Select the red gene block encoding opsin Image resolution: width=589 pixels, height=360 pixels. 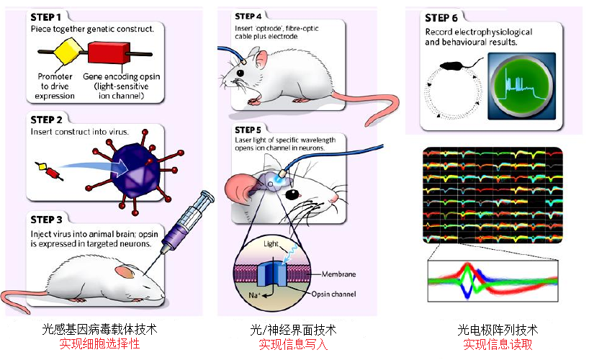pos(109,53)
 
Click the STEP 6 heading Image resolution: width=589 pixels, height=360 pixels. pos(446,18)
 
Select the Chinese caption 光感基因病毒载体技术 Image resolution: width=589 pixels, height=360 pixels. pos(99,330)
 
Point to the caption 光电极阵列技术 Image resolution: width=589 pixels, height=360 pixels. pos(498,330)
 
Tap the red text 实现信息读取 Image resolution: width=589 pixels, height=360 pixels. pos(498,344)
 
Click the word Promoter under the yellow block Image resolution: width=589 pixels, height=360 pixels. pos(55,77)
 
